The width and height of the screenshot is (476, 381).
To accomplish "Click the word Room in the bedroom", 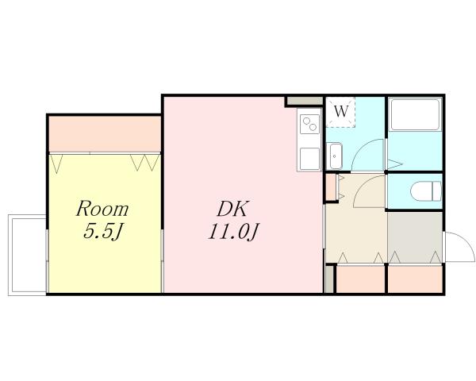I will [102, 210].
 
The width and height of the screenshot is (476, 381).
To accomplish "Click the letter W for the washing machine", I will [341, 112].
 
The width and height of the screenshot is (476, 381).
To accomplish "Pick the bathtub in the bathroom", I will [415, 117].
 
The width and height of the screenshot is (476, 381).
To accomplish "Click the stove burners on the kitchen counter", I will [309, 124].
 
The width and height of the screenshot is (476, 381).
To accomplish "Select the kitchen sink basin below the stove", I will [308, 156].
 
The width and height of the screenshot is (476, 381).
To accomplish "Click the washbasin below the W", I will [336, 156].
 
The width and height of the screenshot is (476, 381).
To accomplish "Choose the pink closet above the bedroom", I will [106, 133].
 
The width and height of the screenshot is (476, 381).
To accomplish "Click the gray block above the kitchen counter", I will [304, 102].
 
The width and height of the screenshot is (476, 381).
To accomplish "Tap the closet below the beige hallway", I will [360, 279].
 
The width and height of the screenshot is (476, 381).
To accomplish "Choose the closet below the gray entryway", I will [415, 279].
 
